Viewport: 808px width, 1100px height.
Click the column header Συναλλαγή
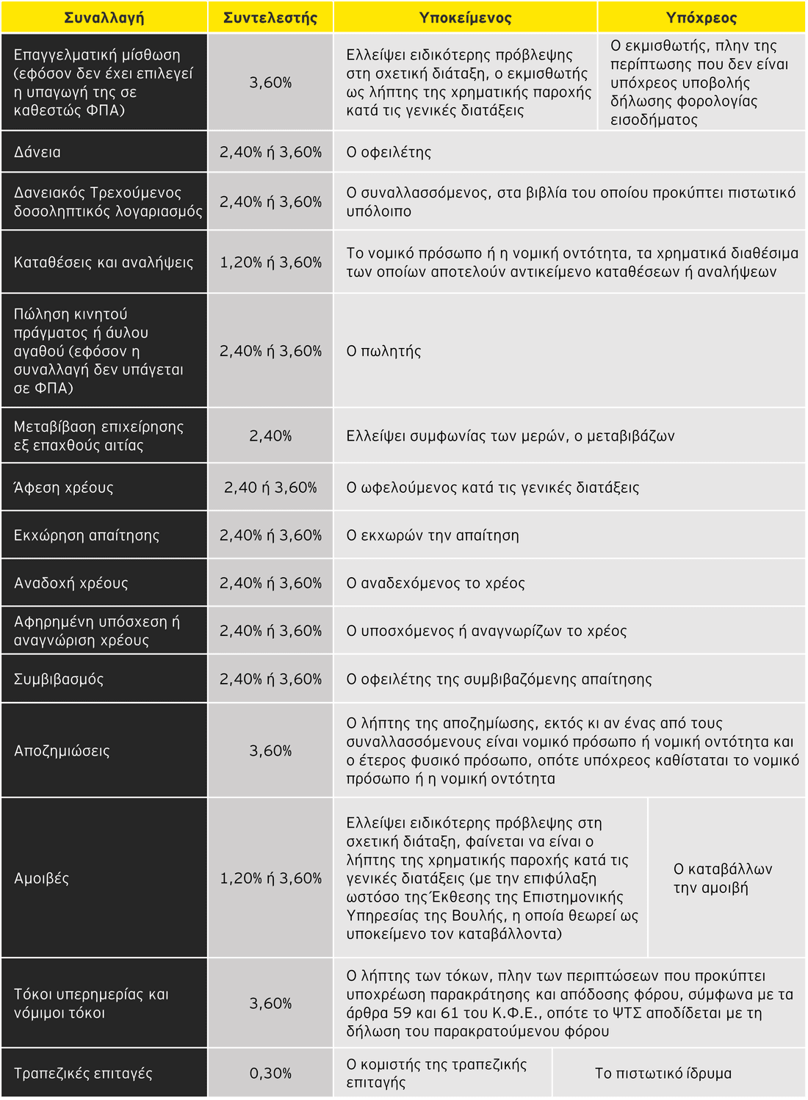(104, 18)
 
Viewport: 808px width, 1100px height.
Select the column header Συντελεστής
(270, 18)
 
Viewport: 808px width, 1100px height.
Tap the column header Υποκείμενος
(465, 18)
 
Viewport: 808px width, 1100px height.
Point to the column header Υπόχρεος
(701, 18)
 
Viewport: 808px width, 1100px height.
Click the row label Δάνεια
(37, 152)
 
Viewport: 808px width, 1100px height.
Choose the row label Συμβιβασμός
(59, 679)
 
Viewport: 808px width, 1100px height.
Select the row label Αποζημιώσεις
(62, 750)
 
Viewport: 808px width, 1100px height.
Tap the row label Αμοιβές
(41, 878)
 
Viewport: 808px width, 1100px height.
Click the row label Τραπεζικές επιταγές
(83, 1073)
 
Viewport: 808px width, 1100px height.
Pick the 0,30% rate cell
(270, 1073)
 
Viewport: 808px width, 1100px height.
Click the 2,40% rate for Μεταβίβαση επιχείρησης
(270, 435)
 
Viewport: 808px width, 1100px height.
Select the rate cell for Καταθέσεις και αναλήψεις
(270, 262)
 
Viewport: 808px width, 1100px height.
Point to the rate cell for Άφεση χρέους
(270, 488)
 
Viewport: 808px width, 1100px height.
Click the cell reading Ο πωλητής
(383, 351)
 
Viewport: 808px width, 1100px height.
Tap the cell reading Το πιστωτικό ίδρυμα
(663, 1073)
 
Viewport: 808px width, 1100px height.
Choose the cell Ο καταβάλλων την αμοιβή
(723, 878)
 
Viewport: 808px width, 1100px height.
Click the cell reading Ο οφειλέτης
(389, 152)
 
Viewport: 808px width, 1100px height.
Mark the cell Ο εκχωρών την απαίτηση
(433, 535)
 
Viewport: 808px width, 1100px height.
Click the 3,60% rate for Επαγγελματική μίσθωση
(270, 82)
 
